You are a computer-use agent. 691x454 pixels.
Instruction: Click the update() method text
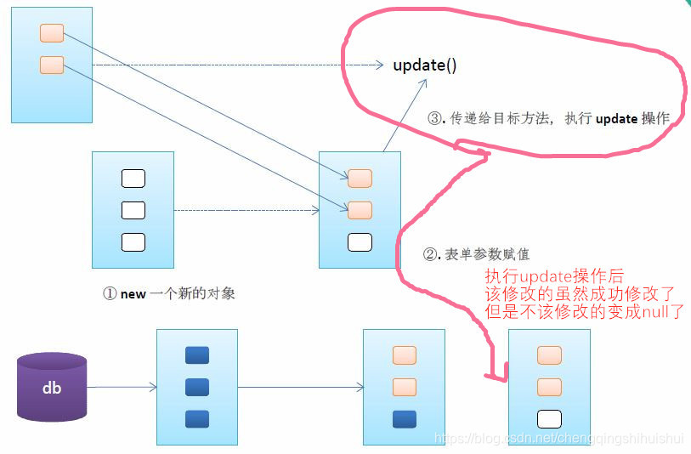pos(425,65)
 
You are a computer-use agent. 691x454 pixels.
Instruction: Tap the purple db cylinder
pos(52,388)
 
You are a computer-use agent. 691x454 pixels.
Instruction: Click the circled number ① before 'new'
pos(109,293)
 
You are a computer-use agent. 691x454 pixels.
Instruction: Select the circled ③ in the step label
pos(433,119)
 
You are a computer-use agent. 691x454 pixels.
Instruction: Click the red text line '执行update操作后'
pos(554,275)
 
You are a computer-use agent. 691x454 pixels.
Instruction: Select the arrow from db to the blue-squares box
pos(122,388)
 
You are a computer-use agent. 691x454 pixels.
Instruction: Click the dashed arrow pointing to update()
pos(238,65)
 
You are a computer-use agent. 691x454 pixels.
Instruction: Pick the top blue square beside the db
pos(197,355)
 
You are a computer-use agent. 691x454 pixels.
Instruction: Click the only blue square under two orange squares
pos(405,418)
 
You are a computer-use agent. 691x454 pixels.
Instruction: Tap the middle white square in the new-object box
pos(133,210)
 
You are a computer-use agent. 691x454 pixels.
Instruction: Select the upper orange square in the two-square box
pos(52,33)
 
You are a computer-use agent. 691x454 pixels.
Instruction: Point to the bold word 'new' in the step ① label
pos(133,294)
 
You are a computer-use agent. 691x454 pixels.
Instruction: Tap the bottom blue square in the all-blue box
pos(197,418)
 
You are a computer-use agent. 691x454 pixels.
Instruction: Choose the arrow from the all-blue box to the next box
pos(300,388)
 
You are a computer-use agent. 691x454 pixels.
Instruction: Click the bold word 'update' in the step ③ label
pos(616,119)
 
